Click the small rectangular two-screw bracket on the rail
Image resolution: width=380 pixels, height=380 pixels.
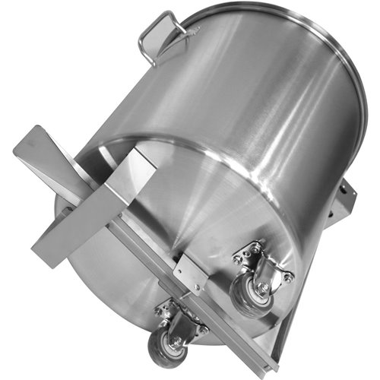click(188, 272)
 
